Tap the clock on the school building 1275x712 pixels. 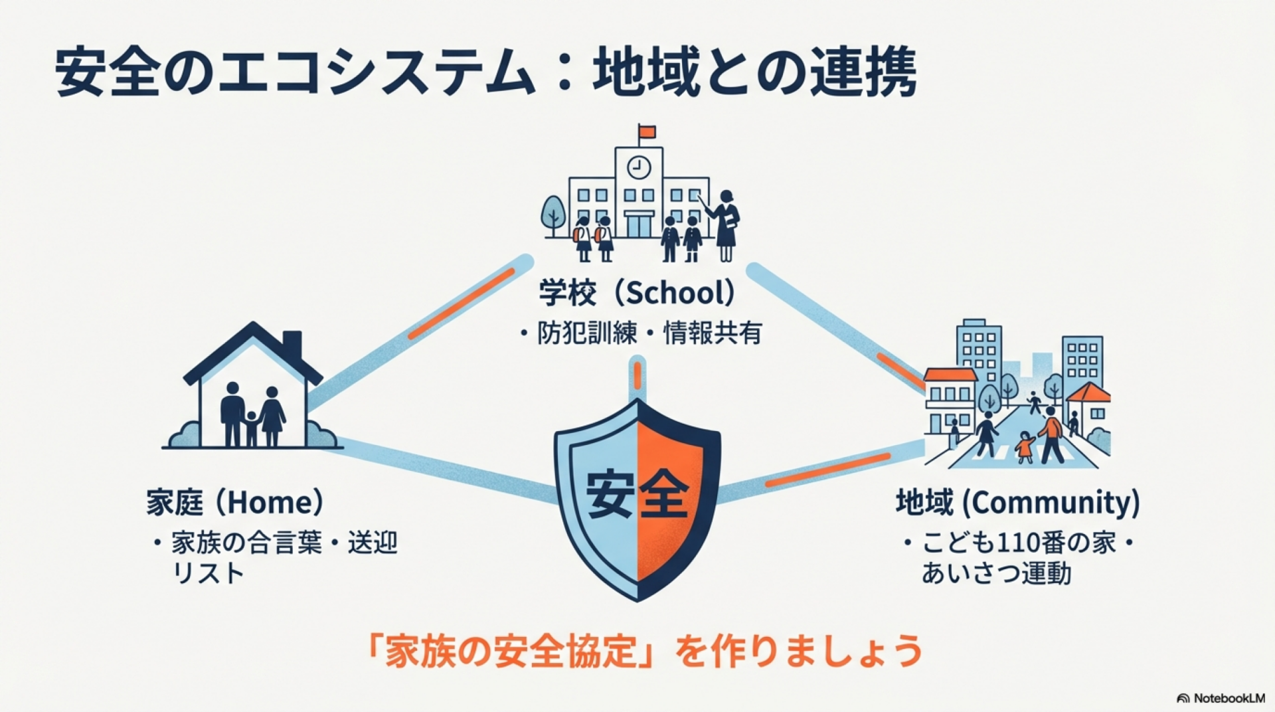[x=639, y=167]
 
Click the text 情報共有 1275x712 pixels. [x=712, y=333]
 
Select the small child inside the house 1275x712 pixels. [x=251, y=428]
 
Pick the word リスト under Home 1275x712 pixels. [x=208, y=573]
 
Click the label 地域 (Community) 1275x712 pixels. [x=1017, y=503]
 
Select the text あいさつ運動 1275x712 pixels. [x=996, y=573]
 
